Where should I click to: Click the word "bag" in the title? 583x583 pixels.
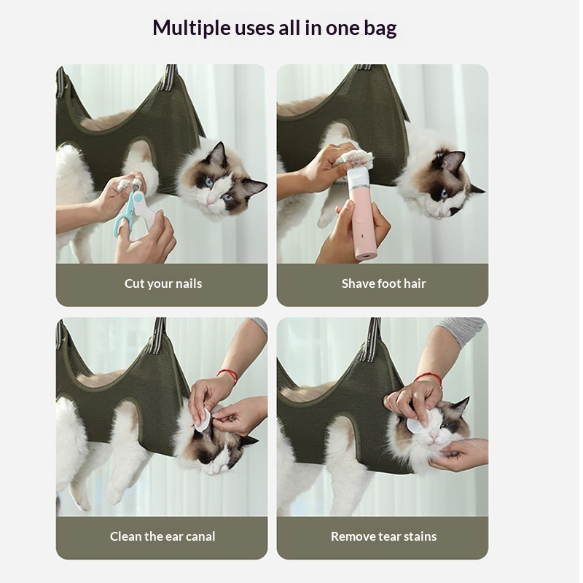pyautogui.click(x=378, y=28)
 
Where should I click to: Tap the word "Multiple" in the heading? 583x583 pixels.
pyautogui.click(x=192, y=28)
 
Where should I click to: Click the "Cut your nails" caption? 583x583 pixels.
pyautogui.click(x=163, y=283)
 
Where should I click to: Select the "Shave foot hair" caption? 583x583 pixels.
pyautogui.click(x=384, y=283)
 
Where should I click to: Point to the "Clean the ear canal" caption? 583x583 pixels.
pyautogui.click(x=163, y=536)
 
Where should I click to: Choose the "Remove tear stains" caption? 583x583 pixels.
pyautogui.click(x=384, y=536)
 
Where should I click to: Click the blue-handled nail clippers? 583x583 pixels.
pyautogui.click(x=136, y=209)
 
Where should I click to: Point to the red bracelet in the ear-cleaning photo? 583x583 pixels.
pyautogui.click(x=228, y=375)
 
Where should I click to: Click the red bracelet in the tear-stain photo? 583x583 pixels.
pyautogui.click(x=429, y=379)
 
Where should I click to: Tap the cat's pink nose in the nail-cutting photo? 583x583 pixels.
pyautogui.click(x=208, y=201)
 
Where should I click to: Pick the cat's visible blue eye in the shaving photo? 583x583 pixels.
pyautogui.click(x=444, y=193)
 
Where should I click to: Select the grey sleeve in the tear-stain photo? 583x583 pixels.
pyautogui.click(x=462, y=330)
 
